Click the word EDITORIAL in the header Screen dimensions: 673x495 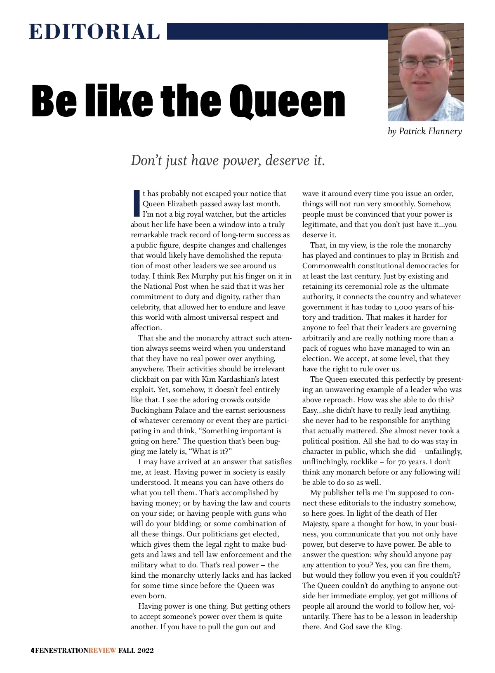(94, 32)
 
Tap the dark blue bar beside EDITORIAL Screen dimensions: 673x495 (277, 31)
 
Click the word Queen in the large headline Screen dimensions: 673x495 (287, 101)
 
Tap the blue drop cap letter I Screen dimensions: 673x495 (137, 203)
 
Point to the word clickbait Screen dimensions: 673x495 (148, 379)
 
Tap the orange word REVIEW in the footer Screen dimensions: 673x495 (102, 651)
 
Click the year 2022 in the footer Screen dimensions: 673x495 (145, 651)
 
